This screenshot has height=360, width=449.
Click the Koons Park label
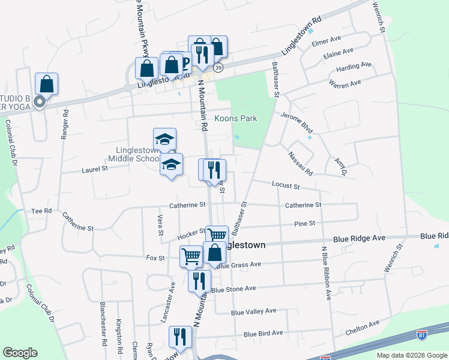tap(236, 118)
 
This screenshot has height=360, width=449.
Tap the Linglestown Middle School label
tap(133, 154)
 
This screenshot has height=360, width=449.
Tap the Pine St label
tap(305, 223)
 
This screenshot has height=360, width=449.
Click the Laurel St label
tap(94, 170)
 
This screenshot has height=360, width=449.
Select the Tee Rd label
tap(41, 211)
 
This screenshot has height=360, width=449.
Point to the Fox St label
tap(155, 258)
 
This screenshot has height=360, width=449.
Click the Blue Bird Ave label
tap(264, 334)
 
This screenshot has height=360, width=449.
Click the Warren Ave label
tap(345, 84)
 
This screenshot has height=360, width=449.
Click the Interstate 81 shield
tap(421, 334)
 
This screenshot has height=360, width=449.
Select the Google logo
tap(20, 353)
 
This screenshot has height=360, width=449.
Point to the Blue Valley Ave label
tap(253, 311)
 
